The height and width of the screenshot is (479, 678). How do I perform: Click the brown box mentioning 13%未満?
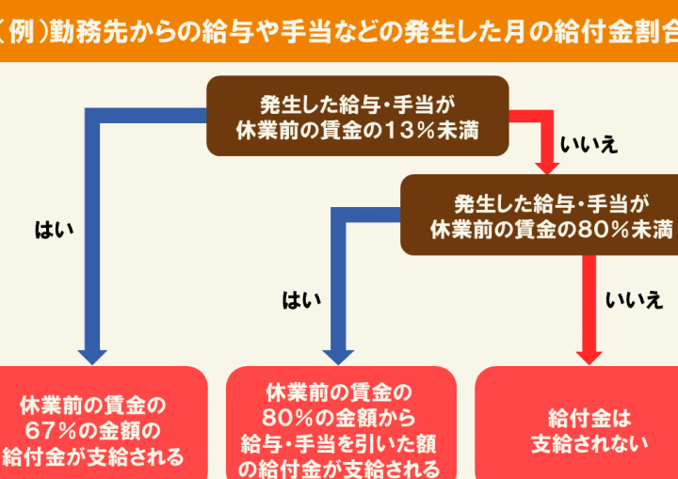point(358,116)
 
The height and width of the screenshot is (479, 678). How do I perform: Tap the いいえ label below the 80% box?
point(634,300)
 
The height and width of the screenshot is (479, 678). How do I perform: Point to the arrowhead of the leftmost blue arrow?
point(92,356)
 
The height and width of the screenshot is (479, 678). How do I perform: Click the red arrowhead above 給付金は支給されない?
point(589,356)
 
